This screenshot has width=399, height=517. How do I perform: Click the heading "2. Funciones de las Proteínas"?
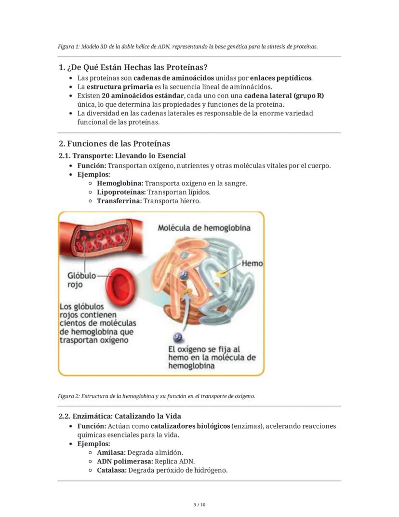114,144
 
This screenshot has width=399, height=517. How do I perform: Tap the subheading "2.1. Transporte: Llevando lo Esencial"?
122,156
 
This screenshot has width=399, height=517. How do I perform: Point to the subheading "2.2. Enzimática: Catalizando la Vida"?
120,416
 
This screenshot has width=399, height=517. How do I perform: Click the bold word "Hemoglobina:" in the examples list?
120,183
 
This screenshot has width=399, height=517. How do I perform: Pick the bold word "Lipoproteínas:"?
121,192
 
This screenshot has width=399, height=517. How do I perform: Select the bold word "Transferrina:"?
119,201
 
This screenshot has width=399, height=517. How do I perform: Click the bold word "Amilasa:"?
111,453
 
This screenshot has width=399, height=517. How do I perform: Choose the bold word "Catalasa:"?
112,470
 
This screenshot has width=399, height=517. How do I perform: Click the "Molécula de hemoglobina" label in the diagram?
204,228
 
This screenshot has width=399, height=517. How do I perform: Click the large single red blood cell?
123,288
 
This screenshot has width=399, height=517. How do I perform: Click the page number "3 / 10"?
199,505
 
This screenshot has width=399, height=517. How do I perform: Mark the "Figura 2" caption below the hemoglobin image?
156,396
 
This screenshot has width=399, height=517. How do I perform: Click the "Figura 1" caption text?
187,47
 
